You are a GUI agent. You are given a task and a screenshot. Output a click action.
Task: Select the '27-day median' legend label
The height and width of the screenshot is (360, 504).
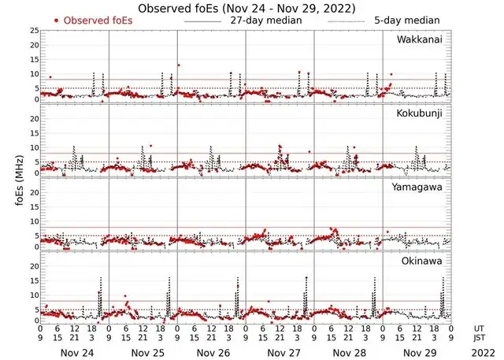pyautogui.click(x=267, y=20)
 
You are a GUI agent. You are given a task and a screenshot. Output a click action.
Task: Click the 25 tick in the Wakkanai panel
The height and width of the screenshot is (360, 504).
pyautogui.click(x=33, y=31)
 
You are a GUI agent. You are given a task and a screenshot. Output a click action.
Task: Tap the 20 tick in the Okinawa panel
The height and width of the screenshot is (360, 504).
pyautogui.click(x=33, y=266)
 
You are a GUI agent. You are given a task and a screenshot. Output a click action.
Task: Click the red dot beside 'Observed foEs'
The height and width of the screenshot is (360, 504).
pyautogui.click(x=57, y=20)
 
